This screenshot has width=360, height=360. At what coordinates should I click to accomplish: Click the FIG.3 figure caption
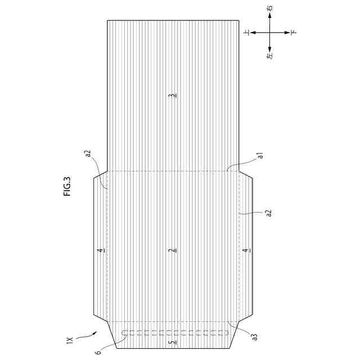coord(67,186)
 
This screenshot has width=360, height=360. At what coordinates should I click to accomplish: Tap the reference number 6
coord(99,352)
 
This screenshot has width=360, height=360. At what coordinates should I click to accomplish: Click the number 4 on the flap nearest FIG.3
coord(101,250)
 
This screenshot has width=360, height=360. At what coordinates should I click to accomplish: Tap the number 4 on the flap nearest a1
coord(246,250)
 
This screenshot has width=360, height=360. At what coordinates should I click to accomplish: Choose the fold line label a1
coord(260,156)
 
